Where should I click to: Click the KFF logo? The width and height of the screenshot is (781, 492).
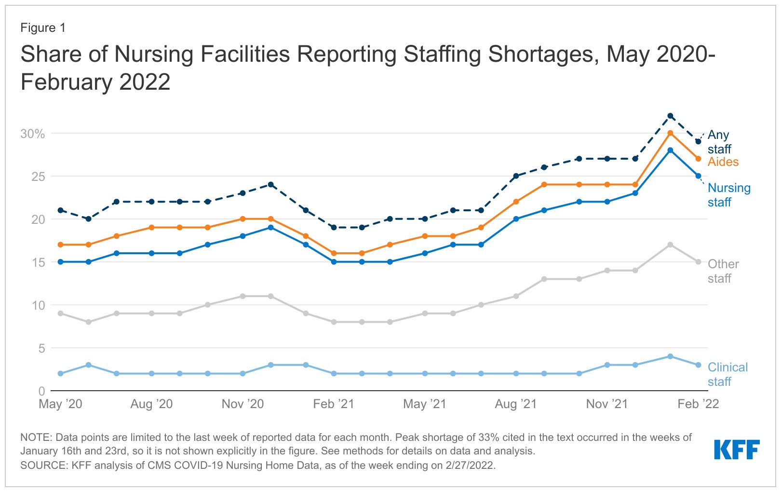tap(736, 450)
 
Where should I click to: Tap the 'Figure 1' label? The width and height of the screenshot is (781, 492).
tap(42, 28)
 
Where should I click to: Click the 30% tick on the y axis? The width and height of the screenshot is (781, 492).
tap(33, 134)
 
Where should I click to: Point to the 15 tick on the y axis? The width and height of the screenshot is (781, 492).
tap(38, 262)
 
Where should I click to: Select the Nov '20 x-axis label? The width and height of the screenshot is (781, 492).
tap(242, 404)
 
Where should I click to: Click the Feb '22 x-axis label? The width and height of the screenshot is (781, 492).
tap(698, 404)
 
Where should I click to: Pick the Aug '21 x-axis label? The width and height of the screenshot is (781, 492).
tap(515, 404)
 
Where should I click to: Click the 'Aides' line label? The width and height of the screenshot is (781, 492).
tap(723, 162)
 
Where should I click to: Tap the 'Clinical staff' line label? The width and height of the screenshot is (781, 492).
tap(727, 374)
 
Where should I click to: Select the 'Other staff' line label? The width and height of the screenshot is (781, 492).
tap(723, 271)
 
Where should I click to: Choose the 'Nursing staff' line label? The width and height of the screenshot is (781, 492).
tap(728, 195)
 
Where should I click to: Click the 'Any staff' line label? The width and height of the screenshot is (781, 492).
tap(719, 142)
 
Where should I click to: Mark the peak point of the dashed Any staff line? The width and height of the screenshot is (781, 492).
tap(670, 116)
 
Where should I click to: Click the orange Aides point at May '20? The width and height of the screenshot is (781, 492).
tap(60, 245)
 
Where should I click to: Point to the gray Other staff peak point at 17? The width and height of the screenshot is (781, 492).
tap(670, 245)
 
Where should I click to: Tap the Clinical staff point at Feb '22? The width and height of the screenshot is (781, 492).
tap(698, 365)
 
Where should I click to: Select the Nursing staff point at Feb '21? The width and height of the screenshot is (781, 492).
tap(334, 262)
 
